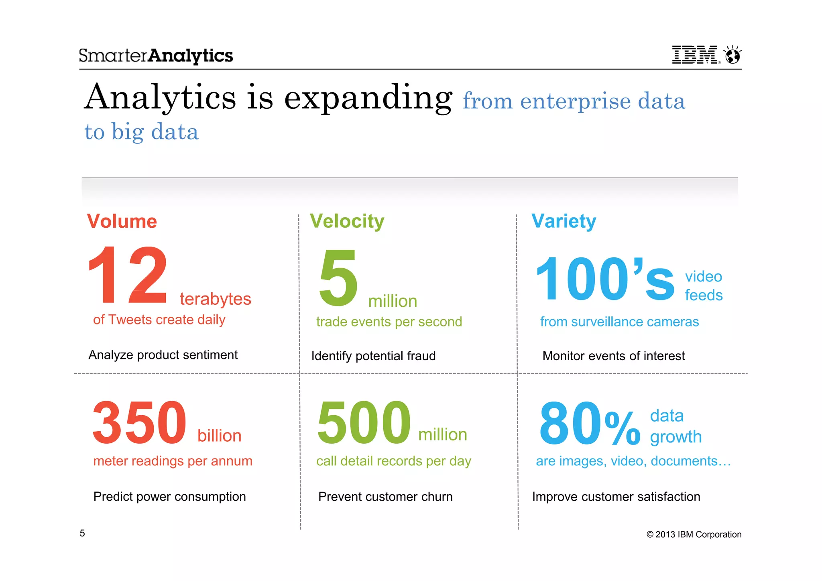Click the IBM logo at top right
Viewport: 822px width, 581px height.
pyautogui.click(x=695, y=55)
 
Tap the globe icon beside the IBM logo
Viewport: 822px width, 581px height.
pyautogui.click(x=732, y=55)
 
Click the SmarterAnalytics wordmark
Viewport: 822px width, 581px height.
pyautogui.click(x=156, y=56)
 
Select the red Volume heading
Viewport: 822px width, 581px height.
pyautogui.click(x=122, y=221)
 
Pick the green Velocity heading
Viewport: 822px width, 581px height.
pyautogui.click(x=347, y=221)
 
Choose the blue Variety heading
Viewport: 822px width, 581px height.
pyautogui.click(x=564, y=221)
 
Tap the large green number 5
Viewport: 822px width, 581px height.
pyautogui.click(x=338, y=278)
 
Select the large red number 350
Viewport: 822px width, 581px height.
pyautogui.click(x=139, y=423)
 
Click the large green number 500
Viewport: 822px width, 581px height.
pyautogui.click(x=364, y=423)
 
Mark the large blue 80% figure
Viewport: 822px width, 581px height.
pyautogui.click(x=589, y=424)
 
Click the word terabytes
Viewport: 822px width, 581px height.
pyautogui.click(x=215, y=299)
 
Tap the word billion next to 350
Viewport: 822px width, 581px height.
pyautogui.click(x=219, y=436)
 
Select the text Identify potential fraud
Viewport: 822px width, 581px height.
pyautogui.click(x=373, y=356)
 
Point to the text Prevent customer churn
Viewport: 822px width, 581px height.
pyautogui.click(x=385, y=497)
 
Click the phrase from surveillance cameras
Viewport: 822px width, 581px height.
pyautogui.click(x=619, y=322)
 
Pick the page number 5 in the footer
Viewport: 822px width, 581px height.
pyautogui.click(x=82, y=533)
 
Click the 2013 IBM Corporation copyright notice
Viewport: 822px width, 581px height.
pyautogui.click(x=694, y=534)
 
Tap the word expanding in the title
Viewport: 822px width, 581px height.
pyautogui.click(x=368, y=98)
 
